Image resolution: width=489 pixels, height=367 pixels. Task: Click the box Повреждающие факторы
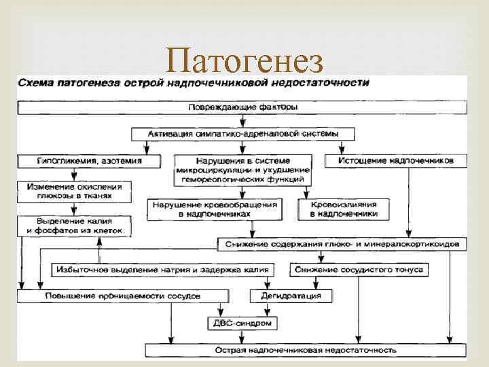click(242, 107)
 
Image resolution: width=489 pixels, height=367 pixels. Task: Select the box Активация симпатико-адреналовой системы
click(242, 133)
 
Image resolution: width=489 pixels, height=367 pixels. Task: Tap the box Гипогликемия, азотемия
click(89, 161)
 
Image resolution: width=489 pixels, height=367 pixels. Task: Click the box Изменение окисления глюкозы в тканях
click(75, 190)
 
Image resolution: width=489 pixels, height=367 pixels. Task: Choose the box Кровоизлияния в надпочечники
click(344, 209)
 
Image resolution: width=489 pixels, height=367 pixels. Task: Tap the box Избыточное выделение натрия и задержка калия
click(162, 269)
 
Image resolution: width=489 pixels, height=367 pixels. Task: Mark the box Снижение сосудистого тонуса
click(359, 269)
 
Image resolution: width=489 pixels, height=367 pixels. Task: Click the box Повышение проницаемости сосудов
click(122, 296)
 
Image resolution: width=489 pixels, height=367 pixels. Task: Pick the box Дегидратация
click(286, 296)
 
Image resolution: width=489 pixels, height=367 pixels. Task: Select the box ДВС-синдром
click(242, 323)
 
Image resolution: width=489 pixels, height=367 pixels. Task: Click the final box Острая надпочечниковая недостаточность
click(305, 350)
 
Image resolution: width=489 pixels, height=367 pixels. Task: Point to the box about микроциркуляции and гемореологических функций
click(242, 170)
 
